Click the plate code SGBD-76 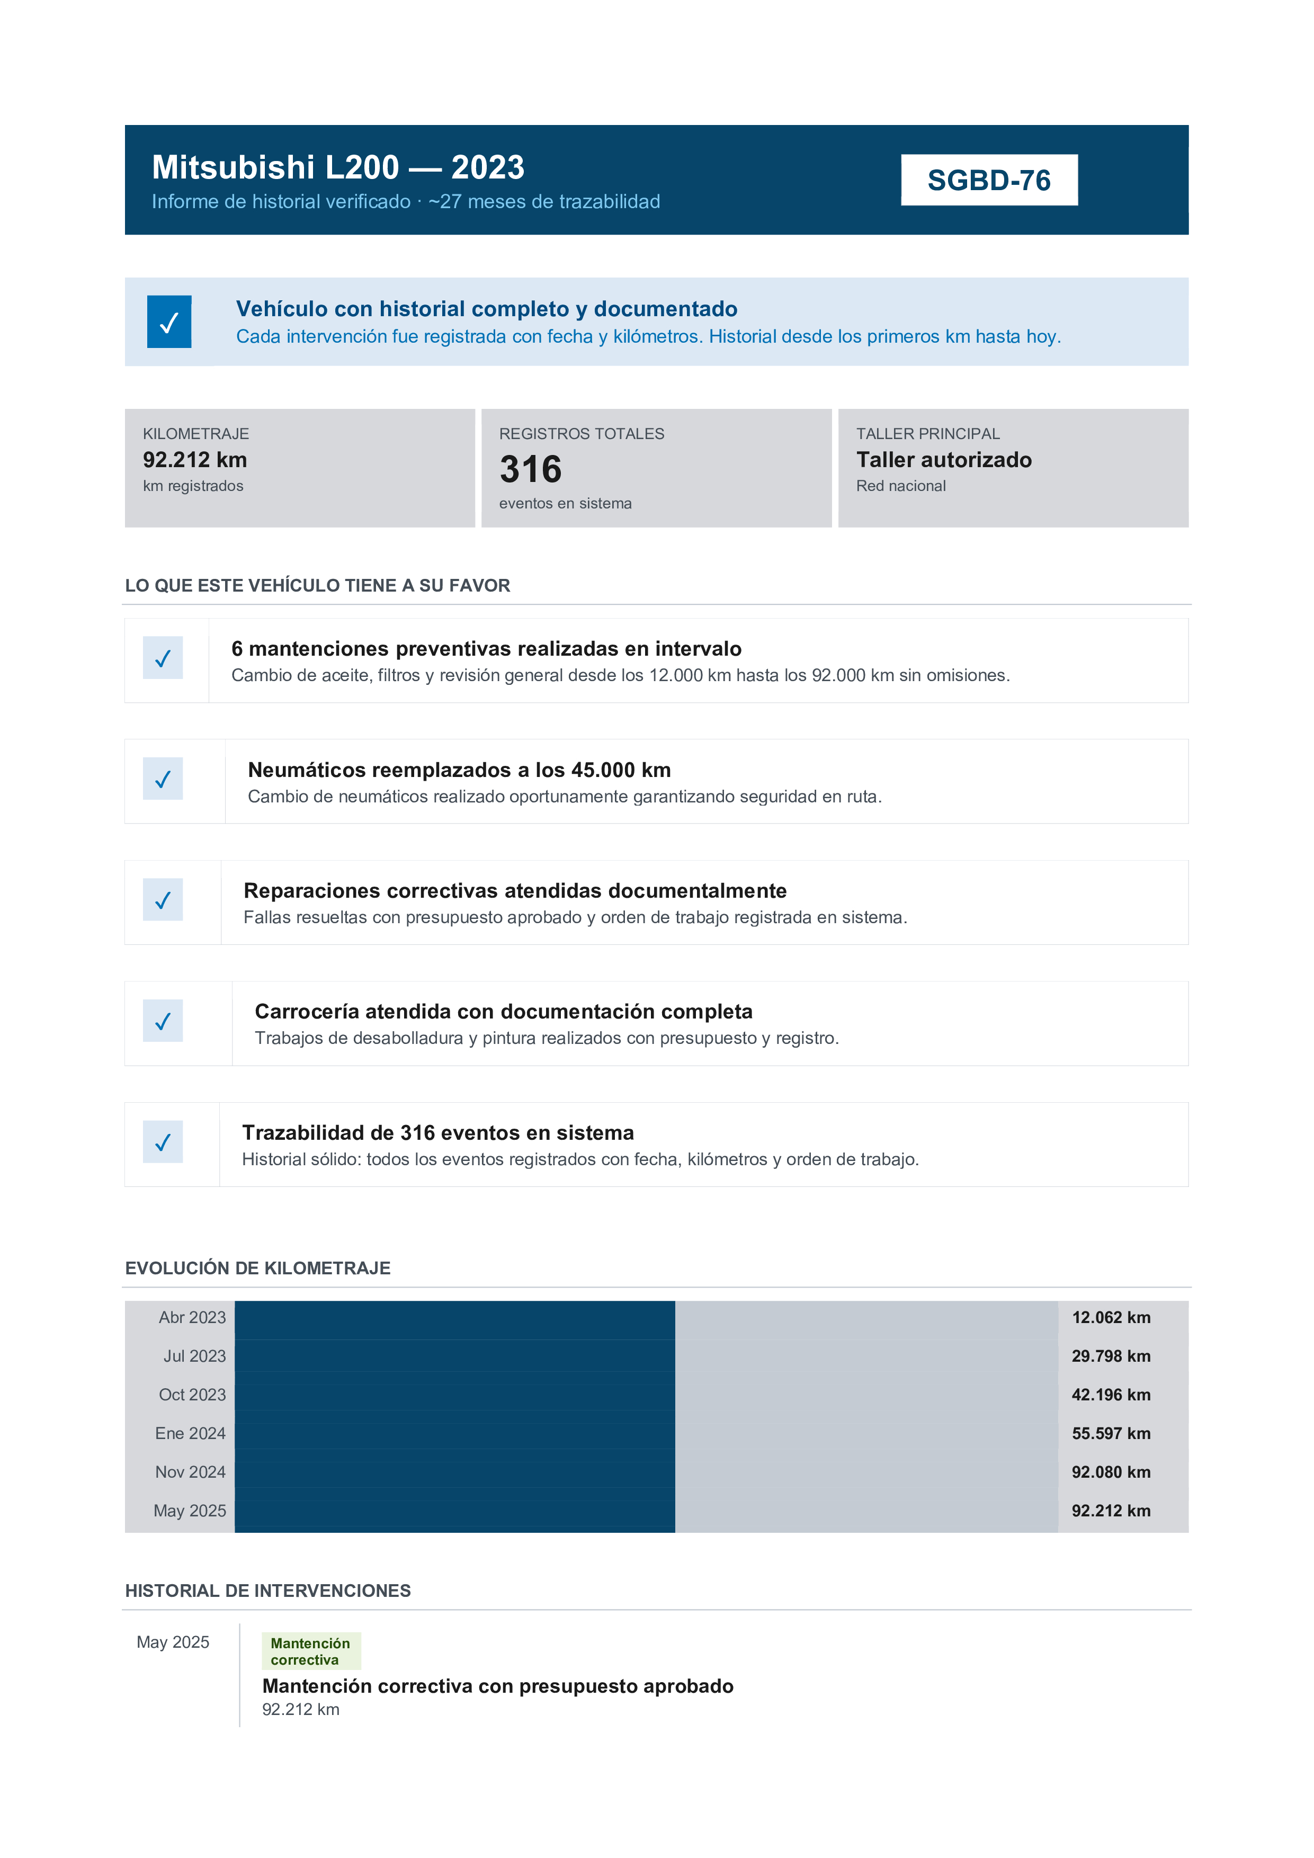point(989,181)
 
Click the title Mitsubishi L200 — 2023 point(338,167)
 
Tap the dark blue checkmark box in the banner point(169,322)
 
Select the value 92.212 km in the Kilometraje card point(195,460)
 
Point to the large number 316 point(531,469)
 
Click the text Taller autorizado point(943,460)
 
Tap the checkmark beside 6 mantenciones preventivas point(163,658)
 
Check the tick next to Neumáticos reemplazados point(163,779)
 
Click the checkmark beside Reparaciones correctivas point(163,900)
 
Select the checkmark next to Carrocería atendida point(163,1021)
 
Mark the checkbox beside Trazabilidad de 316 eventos point(163,1142)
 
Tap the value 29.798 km point(1111,1356)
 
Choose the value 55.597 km point(1111,1433)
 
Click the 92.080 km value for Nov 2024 point(1111,1472)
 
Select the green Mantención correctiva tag point(311,1651)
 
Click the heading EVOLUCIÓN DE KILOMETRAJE point(257,1268)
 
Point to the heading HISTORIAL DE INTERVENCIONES point(268,1591)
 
